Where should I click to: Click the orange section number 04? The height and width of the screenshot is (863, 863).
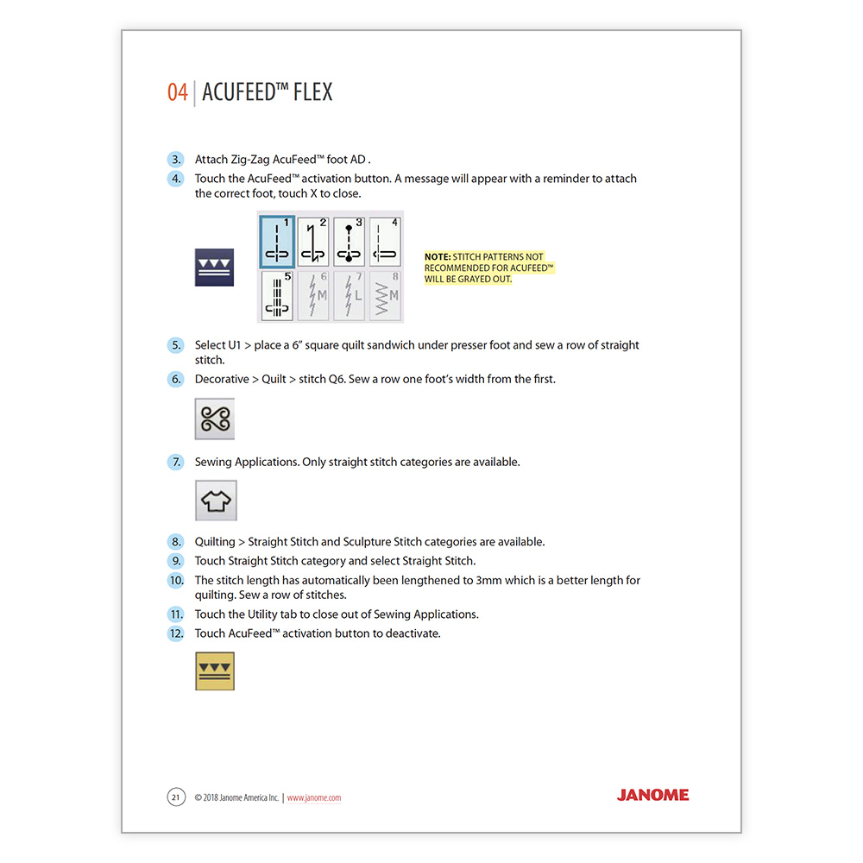click(177, 92)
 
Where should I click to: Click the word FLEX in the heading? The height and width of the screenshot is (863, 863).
click(312, 92)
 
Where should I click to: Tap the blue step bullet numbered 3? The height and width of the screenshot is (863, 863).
click(176, 160)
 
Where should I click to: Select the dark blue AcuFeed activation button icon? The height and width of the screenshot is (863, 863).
click(214, 268)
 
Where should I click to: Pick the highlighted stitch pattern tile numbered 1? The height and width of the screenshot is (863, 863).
click(278, 242)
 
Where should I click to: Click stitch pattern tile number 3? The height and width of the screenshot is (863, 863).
click(350, 242)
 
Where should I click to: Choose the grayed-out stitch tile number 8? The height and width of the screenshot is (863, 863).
click(386, 296)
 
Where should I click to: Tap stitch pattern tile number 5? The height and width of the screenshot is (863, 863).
click(278, 296)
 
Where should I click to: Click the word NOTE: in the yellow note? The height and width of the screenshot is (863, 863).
click(438, 257)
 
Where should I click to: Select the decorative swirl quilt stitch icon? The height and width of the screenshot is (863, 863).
click(214, 419)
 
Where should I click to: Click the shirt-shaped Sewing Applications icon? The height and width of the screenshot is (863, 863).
click(216, 501)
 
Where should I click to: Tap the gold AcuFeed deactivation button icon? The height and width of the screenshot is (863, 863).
click(215, 671)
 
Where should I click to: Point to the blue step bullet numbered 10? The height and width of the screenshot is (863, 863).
click(176, 581)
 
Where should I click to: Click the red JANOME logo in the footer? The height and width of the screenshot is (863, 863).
click(652, 795)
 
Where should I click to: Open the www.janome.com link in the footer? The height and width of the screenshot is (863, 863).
click(313, 798)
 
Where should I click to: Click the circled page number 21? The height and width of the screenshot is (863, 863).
click(175, 797)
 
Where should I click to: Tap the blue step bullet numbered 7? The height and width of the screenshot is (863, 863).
click(176, 463)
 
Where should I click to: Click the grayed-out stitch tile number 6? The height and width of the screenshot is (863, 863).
click(314, 296)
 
